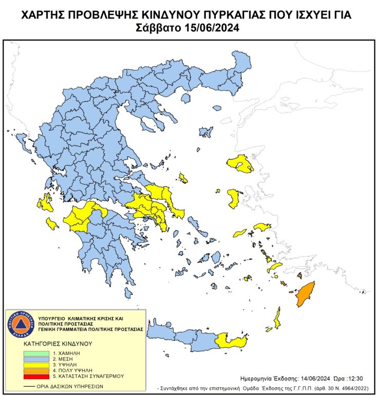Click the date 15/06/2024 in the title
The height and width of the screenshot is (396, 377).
212,28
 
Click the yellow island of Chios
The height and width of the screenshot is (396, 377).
234,198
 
